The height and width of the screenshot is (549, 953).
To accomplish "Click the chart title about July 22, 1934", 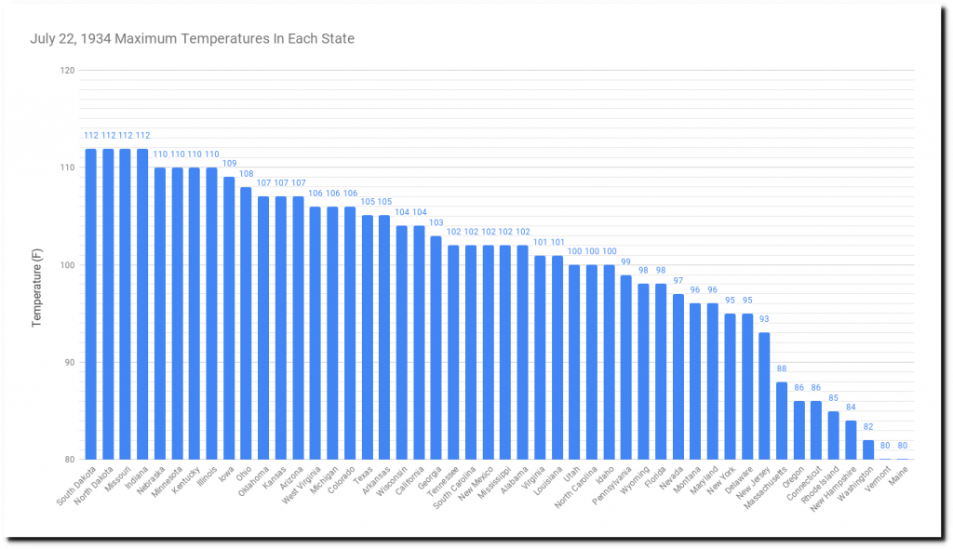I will click(x=192, y=39).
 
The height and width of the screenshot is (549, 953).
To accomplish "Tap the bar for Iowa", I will click(x=229, y=317).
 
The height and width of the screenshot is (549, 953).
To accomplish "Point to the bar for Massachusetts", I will click(x=782, y=420).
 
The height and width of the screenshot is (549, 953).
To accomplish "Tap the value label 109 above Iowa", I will click(x=229, y=164).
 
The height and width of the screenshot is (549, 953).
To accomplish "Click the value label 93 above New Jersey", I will click(x=764, y=319).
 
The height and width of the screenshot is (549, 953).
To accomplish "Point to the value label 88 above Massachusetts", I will click(x=782, y=368).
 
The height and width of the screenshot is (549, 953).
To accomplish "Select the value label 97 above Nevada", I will click(x=678, y=281).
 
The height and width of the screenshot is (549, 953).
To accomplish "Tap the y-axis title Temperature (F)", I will click(x=38, y=265).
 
